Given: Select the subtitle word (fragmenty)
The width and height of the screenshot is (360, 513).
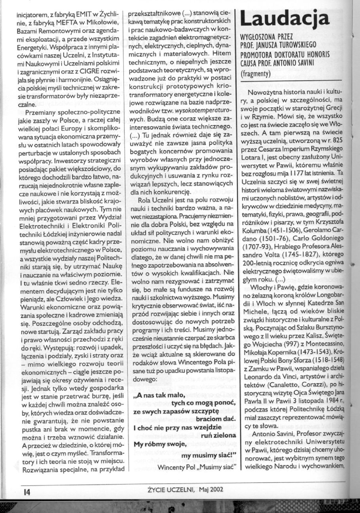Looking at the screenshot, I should (x=258, y=73).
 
